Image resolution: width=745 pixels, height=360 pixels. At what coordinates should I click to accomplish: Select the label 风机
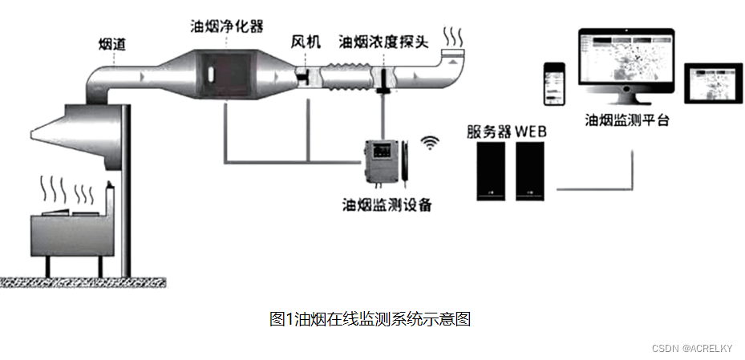pos(305,41)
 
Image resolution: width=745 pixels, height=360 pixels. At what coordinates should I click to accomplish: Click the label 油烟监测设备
pos(387,204)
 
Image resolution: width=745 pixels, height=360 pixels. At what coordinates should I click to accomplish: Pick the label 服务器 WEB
pos(507,131)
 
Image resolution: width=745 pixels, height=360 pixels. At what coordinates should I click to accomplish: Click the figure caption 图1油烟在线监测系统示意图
pos(370,319)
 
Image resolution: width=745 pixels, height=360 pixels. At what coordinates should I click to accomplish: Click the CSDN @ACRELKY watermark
pos(692,348)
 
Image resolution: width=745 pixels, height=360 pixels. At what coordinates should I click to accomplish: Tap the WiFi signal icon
pos(432,143)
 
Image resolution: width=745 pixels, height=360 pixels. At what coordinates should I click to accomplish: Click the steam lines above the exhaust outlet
pos(455,38)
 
